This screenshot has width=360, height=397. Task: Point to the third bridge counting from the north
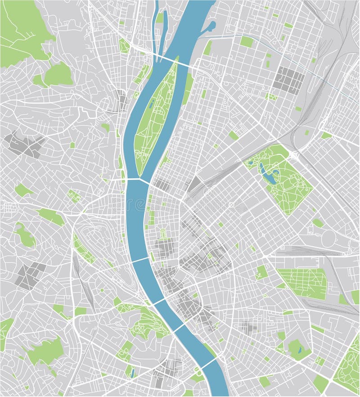click(139, 260)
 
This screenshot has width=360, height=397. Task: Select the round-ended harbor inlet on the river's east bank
click(209, 27)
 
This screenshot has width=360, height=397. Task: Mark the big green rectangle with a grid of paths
click(302, 284)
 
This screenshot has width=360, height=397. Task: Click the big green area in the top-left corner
click(22, 32)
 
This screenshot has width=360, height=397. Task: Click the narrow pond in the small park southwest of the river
click(133, 373)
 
